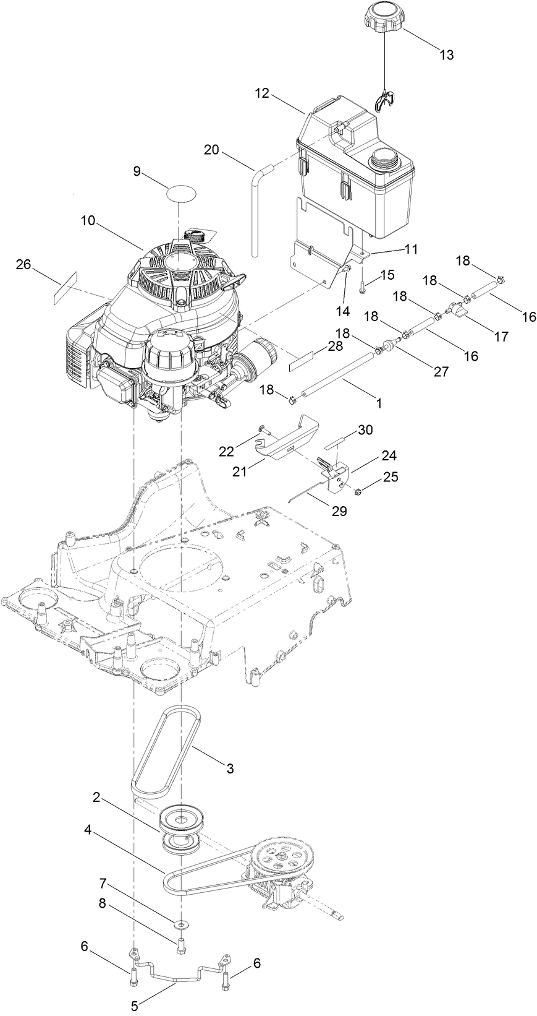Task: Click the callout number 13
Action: [x=446, y=55]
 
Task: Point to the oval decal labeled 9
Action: [x=180, y=192]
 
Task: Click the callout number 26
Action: [x=23, y=265]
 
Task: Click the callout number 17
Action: [x=501, y=337]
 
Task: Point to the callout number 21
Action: [x=239, y=471]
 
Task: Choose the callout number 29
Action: [x=340, y=511]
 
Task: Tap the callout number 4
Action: [x=88, y=831]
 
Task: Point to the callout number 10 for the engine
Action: [x=88, y=220]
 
